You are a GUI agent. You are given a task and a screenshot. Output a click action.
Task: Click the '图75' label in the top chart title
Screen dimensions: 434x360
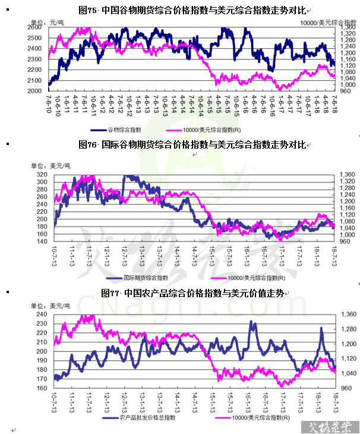pyautogui.click(x=87, y=10)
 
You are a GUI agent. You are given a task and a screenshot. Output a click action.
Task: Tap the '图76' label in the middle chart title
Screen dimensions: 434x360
pyautogui.click(x=87, y=144)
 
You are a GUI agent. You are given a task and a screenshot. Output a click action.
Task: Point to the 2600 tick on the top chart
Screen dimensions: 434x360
pyautogui.click(x=34, y=28)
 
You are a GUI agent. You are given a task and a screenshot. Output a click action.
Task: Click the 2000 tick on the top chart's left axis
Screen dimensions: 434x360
pyautogui.click(x=34, y=91)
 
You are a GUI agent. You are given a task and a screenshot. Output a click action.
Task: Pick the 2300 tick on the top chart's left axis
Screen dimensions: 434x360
pyautogui.click(x=34, y=59)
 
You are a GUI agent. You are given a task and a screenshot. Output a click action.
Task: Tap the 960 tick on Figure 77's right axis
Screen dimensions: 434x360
pyautogui.click(x=348, y=388)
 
